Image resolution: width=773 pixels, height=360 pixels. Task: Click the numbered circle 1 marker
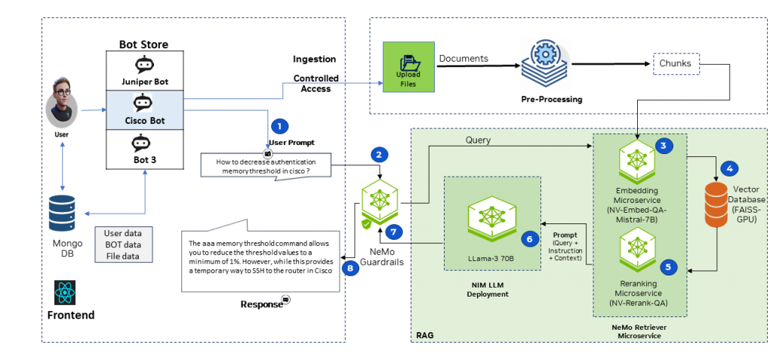(x=279, y=126)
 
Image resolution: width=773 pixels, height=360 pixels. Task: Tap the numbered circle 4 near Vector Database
(x=731, y=168)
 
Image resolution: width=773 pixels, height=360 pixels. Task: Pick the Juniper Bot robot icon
(x=143, y=64)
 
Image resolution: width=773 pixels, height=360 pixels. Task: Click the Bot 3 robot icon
(x=143, y=143)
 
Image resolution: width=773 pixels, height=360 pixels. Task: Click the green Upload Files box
(x=408, y=69)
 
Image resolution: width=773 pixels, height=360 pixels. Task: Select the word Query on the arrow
(x=478, y=140)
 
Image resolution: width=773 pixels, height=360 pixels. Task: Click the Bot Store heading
(x=143, y=45)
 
